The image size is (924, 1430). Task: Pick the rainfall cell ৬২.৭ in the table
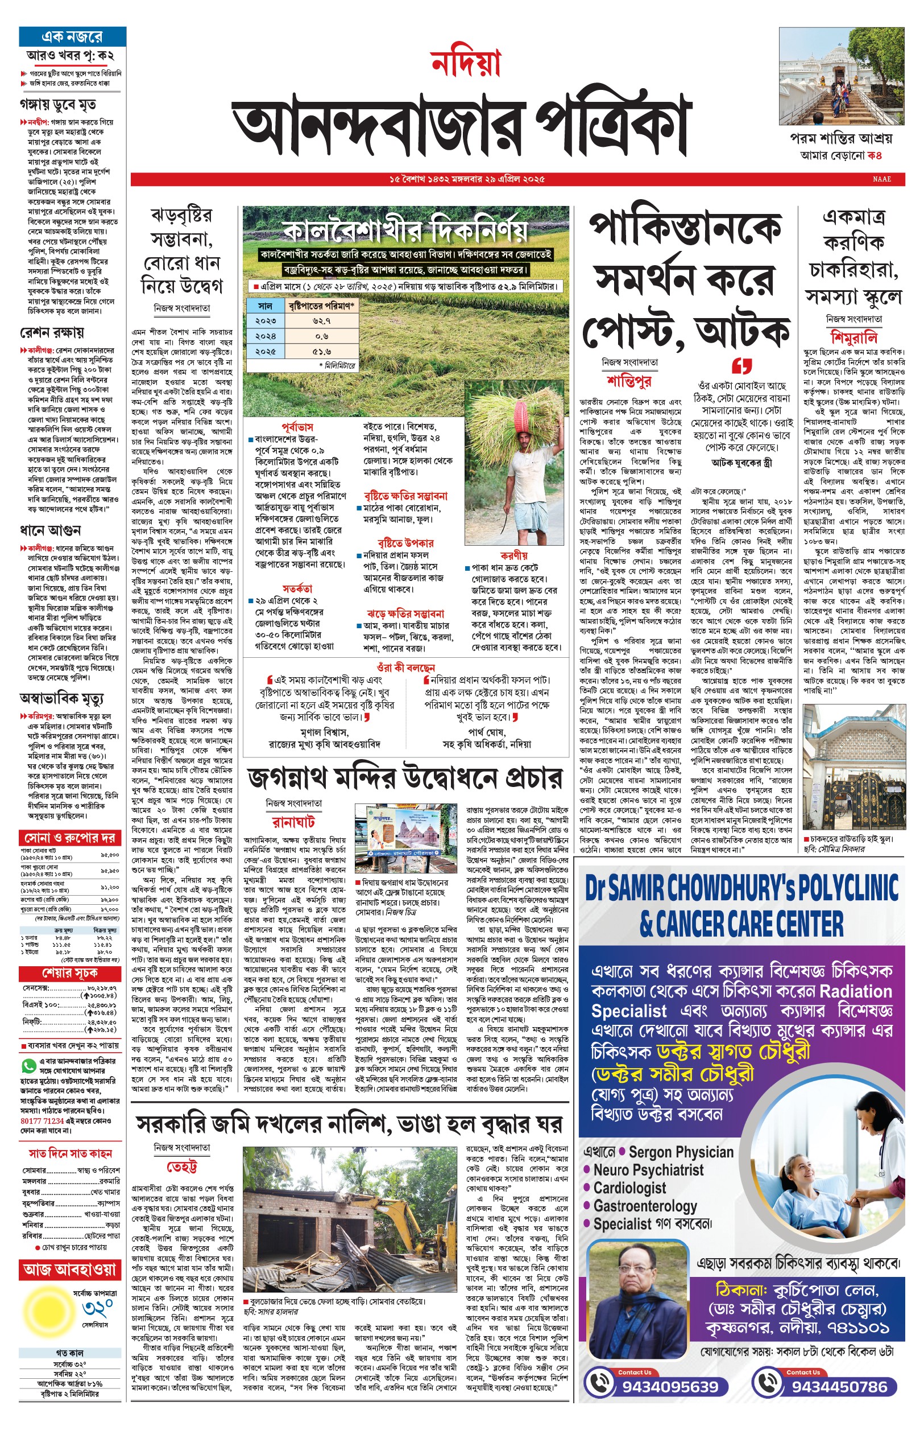coord(322,321)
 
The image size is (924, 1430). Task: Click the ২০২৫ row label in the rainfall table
coord(266,351)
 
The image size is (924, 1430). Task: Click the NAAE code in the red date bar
coord(881,179)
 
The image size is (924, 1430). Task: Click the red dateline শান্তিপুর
coord(628,381)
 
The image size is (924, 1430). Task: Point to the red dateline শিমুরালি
coord(854,337)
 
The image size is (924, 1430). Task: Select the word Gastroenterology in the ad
coord(644,1205)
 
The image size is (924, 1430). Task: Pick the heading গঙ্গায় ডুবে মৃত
coord(58,105)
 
